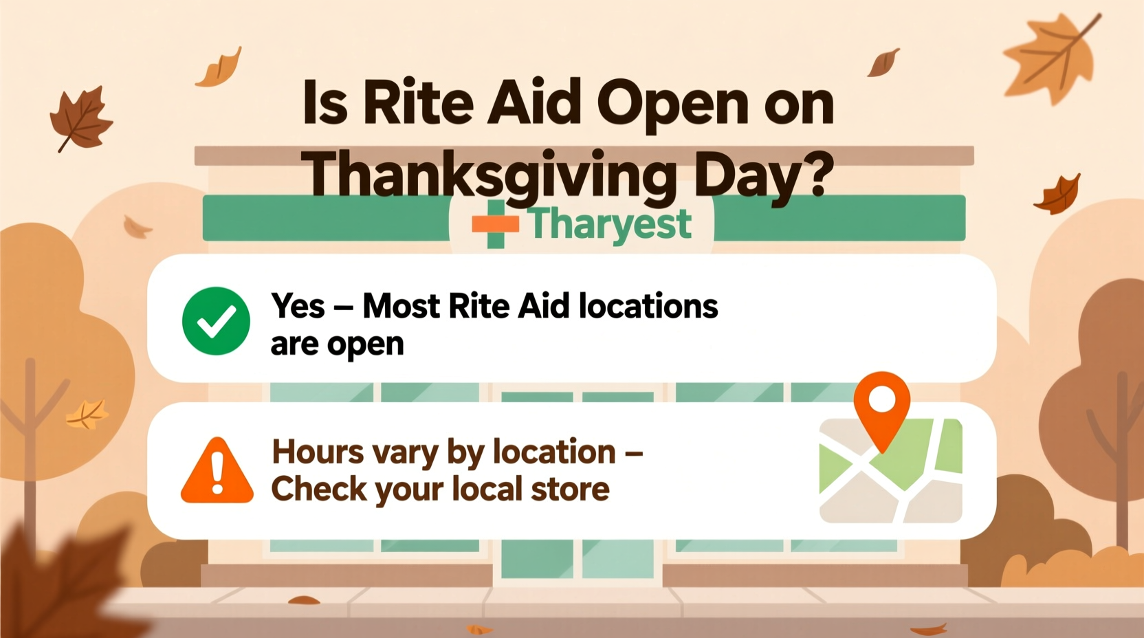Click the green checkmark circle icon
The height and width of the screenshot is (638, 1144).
(x=216, y=321)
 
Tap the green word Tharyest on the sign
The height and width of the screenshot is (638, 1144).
(x=610, y=223)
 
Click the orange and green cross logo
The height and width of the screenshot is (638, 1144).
(x=495, y=224)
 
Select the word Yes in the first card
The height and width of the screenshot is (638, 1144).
(x=298, y=306)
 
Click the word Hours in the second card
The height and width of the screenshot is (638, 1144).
(x=318, y=452)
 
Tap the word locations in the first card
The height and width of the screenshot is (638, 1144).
(x=648, y=306)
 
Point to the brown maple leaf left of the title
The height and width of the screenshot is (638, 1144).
(x=80, y=119)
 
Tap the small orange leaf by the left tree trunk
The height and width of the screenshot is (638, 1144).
(x=87, y=414)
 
